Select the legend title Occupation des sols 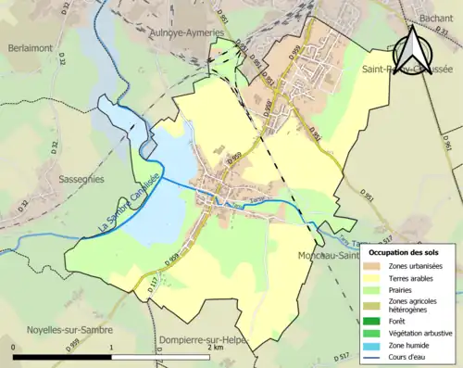(x=404, y=252)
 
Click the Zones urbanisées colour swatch (x=374, y=267)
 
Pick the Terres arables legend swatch (x=374, y=278)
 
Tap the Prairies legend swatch (x=374, y=289)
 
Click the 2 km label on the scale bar (x=216, y=347)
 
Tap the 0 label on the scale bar (x=13, y=347)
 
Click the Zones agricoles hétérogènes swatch (x=374, y=302)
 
